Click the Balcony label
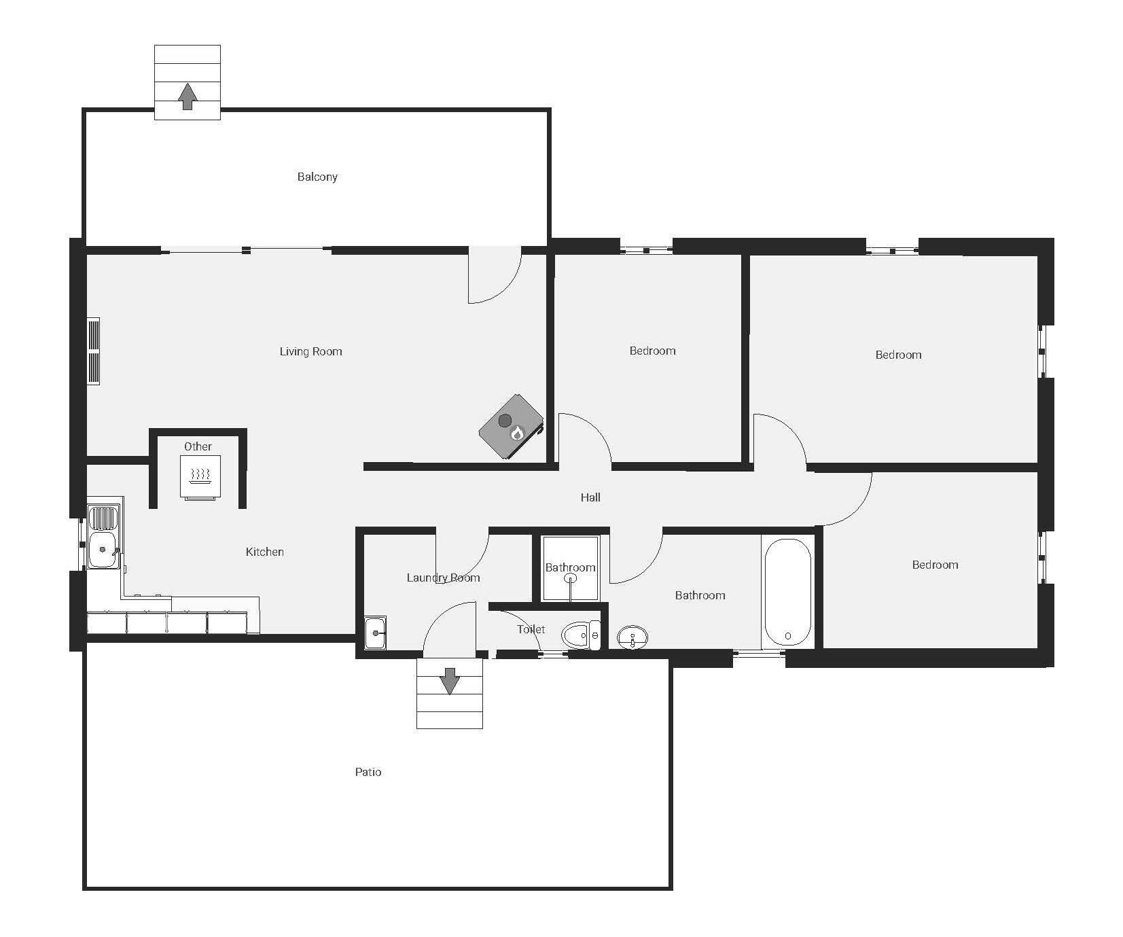point(317,177)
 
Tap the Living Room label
point(310,351)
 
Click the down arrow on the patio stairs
point(449,682)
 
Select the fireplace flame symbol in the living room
point(517,433)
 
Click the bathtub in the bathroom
point(787,593)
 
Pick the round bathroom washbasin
point(632,637)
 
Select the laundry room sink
point(375,633)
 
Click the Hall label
point(590,497)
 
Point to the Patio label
point(368,772)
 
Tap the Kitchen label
point(264,552)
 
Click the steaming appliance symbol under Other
point(200,476)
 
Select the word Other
point(198,446)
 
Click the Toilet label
point(531,629)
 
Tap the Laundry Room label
point(443,578)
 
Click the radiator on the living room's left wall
point(94,351)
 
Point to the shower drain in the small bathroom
point(571,578)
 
